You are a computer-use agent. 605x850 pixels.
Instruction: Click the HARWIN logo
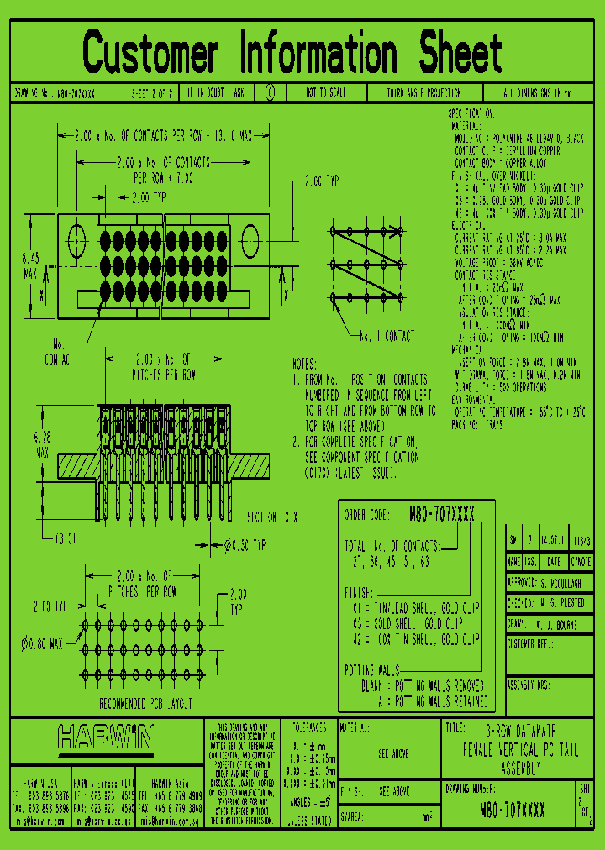click(x=106, y=738)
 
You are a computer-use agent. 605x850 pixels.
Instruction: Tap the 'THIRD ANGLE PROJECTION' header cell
click(x=423, y=93)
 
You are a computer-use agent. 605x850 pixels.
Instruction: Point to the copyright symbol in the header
click(x=270, y=93)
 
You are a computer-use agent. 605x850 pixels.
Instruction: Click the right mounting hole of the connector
click(x=250, y=239)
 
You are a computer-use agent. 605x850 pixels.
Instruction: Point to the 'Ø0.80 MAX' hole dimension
click(x=41, y=644)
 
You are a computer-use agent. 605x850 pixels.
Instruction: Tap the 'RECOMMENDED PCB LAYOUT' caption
click(x=147, y=703)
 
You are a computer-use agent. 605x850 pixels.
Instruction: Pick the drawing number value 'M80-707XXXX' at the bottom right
click(x=512, y=810)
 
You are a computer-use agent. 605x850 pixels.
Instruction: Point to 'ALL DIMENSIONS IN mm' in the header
click(x=537, y=93)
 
